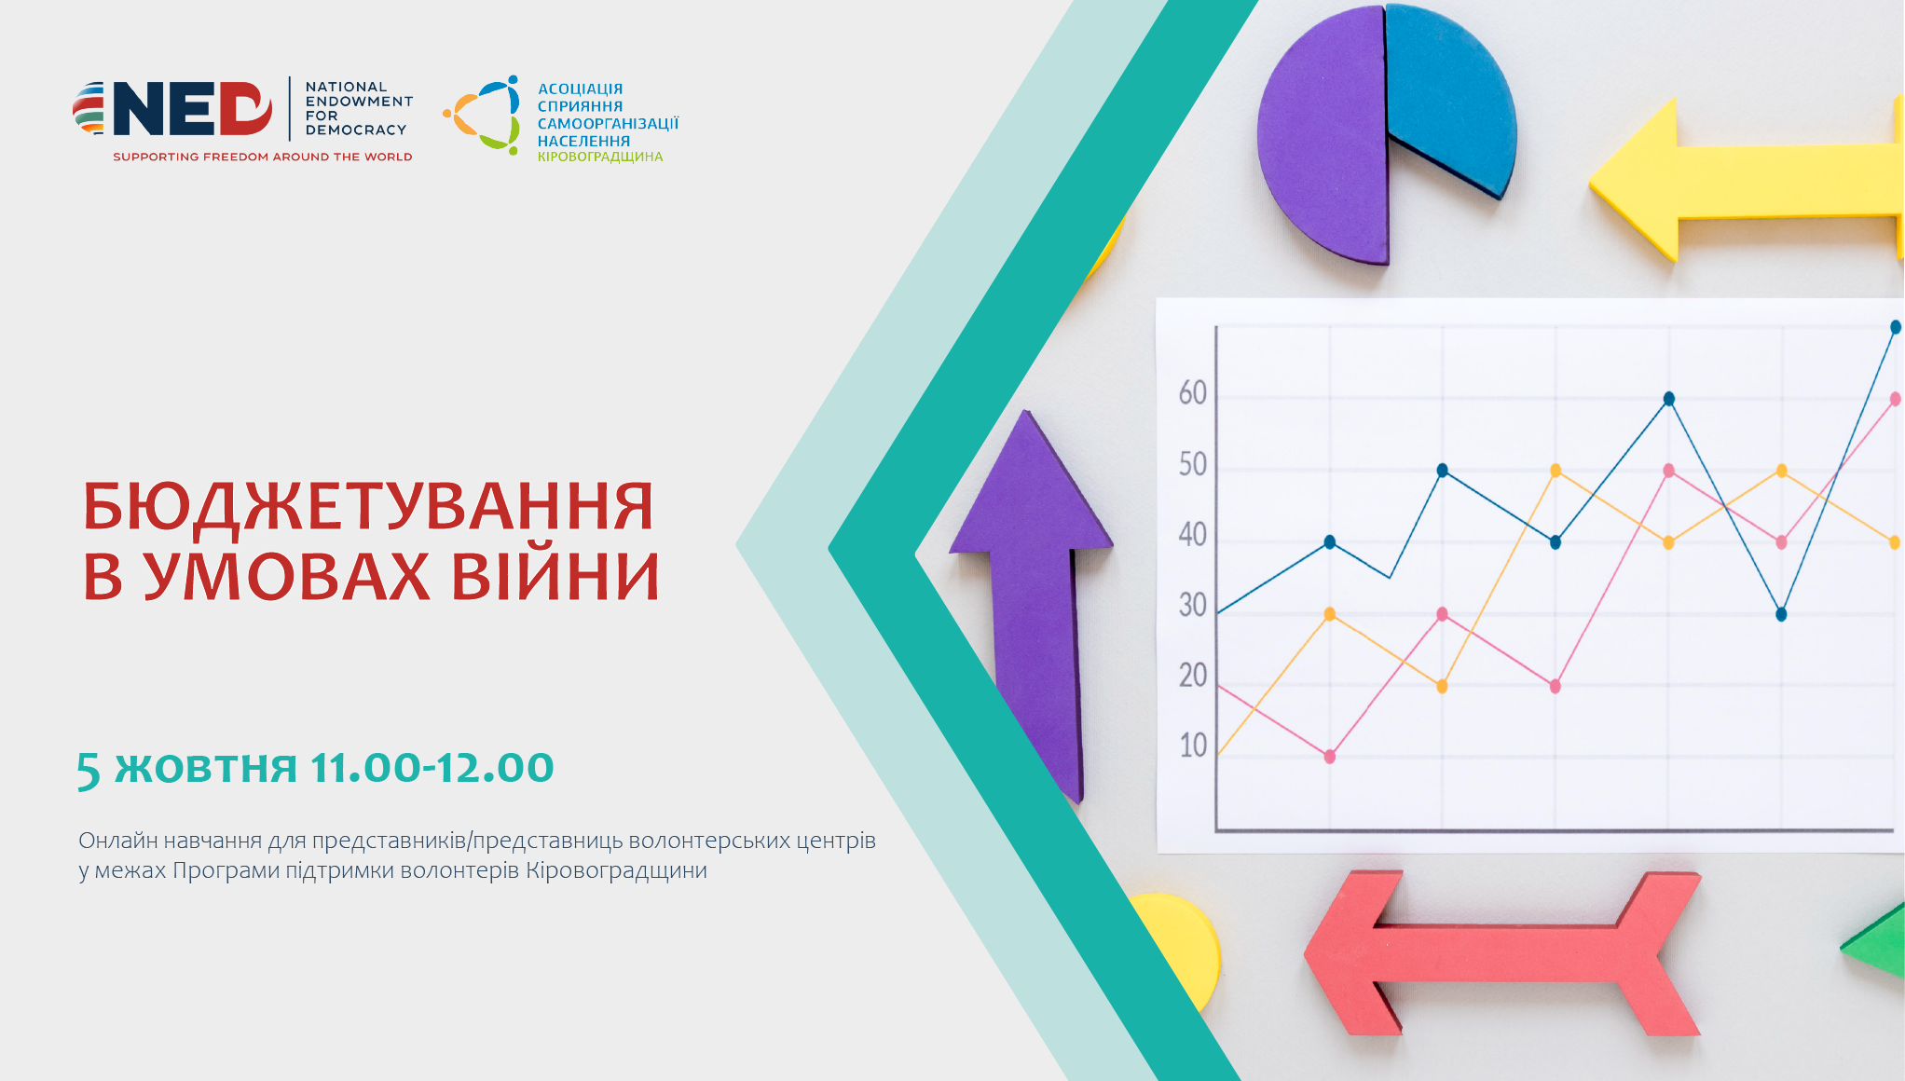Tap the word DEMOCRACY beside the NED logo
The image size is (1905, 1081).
(356, 130)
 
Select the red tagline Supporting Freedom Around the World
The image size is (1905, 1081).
(263, 157)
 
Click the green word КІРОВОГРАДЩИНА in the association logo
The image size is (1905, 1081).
(600, 157)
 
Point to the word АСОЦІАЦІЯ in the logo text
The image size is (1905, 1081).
(580, 89)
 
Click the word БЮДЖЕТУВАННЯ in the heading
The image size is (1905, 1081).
(368, 509)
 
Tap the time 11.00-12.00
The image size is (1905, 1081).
(432, 768)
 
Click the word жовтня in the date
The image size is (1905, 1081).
(206, 770)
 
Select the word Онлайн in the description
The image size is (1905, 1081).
(118, 841)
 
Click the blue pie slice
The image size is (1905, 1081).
(1448, 98)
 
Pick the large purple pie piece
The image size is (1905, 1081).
(1323, 135)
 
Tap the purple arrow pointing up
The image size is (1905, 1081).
(1035, 606)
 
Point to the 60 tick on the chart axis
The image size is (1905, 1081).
(1192, 393)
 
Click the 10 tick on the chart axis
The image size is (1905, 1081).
(1193, 746)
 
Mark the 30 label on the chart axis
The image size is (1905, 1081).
(1192, 606)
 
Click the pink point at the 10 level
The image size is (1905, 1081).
(1330, 757)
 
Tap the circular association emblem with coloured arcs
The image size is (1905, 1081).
(482, 115)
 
